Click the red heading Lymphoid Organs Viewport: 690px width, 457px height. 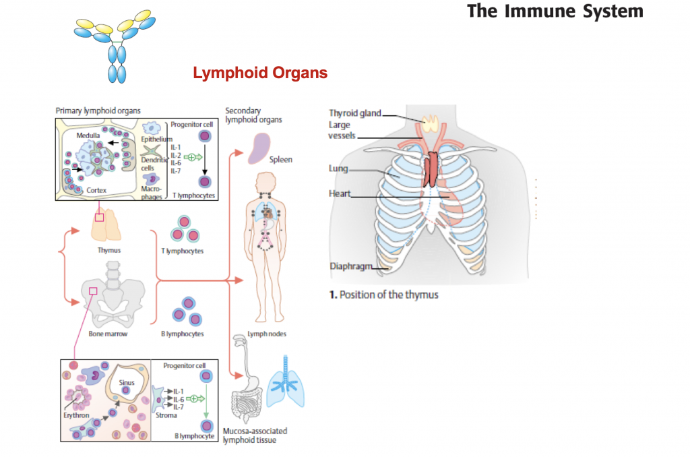[260, 73]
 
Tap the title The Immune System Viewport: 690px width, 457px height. [555, 11]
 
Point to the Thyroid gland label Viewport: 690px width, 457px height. [354, 113]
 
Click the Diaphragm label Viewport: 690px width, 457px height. [350, 266]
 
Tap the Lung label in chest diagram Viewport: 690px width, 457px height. [338, 168]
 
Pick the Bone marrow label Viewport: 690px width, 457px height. [108, 334]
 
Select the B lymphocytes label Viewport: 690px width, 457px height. [182, 334]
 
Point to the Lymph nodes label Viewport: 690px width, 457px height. [263, 334]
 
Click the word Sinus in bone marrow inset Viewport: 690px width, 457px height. [127, 382]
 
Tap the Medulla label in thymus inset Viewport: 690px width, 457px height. [88, 135]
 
